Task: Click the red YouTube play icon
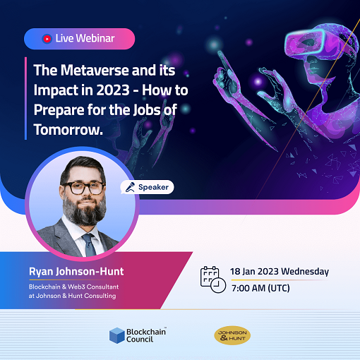coord(47,39)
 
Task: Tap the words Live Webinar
coord(84,39)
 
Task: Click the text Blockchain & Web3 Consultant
coord(76,286)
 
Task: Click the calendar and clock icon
coord(212,280)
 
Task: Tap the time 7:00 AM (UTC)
coord(260,288)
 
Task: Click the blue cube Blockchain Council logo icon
coord(116,335)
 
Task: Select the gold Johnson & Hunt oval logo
coord(232,335)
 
